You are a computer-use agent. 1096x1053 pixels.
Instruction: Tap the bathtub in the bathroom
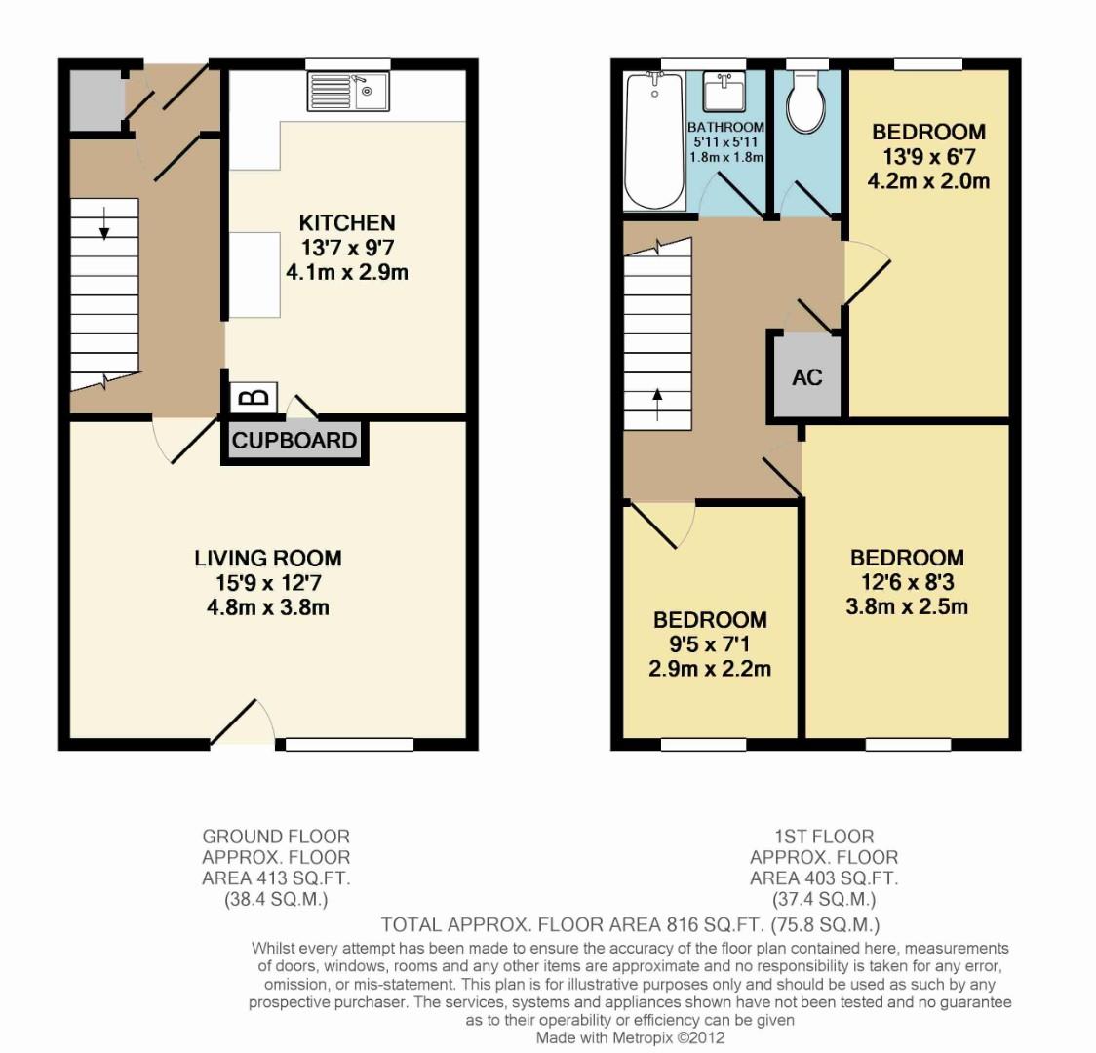653,141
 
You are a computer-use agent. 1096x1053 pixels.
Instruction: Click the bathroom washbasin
725,94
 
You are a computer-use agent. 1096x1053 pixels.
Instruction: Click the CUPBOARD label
294,441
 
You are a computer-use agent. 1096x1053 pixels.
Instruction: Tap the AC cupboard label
807,377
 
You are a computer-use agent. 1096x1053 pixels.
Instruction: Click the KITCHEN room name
347,223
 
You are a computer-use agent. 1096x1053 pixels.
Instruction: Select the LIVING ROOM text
268,559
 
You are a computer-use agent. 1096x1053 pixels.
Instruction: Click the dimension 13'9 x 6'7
928,156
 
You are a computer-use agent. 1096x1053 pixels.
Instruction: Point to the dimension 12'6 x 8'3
907,583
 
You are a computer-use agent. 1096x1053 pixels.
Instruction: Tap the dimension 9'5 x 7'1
710,644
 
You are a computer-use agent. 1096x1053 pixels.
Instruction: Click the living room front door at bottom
242,724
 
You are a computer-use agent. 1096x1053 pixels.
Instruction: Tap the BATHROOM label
725,128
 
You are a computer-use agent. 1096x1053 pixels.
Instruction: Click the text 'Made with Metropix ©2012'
631,1038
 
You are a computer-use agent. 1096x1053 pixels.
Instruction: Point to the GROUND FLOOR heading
276,837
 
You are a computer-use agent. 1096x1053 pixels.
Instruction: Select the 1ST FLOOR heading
824,837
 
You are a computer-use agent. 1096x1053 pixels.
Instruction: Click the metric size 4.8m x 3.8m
268,608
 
